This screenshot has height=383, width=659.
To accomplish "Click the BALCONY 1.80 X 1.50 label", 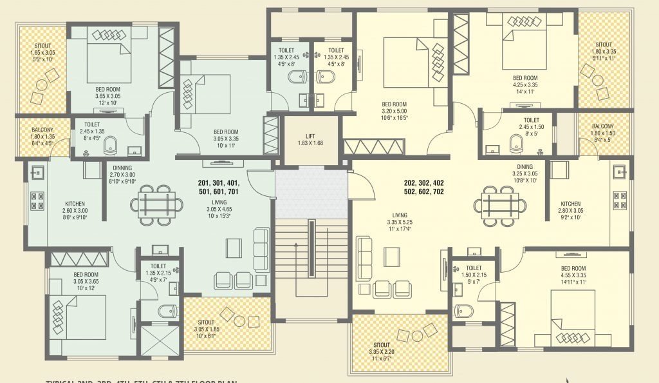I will point(602,131).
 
